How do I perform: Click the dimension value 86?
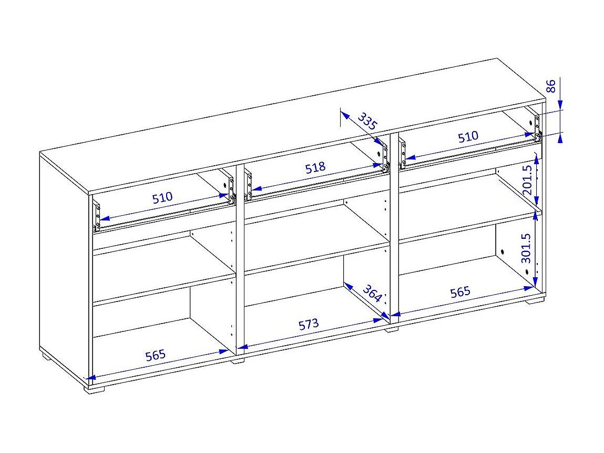click(551, 86)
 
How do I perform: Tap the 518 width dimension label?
click(315, 168)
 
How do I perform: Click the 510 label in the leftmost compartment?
click(162, 198)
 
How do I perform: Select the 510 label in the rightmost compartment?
click(468, 137)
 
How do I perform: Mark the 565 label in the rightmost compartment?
click(460, 291)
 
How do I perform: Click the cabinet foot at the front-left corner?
click(96, 390)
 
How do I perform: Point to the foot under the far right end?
click(535, 303)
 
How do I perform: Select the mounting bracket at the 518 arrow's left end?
click(248, 186)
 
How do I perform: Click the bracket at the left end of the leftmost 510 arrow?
click(96, 216)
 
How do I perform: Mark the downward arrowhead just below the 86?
click(561, 105)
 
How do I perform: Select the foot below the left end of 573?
click(238, 361)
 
